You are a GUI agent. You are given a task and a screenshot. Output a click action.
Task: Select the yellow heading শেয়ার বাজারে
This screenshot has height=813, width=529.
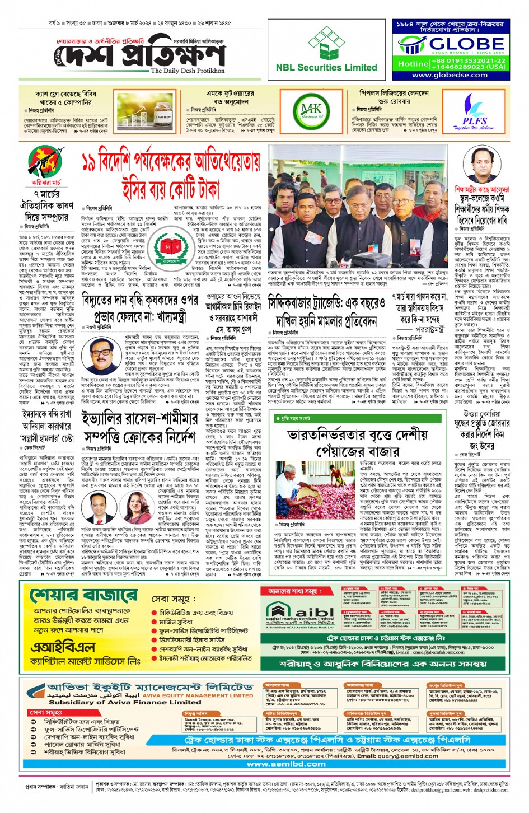tap(83, 595)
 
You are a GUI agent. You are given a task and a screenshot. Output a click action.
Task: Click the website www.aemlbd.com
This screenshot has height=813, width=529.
tap(286, 764)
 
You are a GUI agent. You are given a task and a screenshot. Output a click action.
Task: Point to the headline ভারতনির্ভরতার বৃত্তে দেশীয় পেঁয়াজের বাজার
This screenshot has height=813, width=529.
tap(357, 442)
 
